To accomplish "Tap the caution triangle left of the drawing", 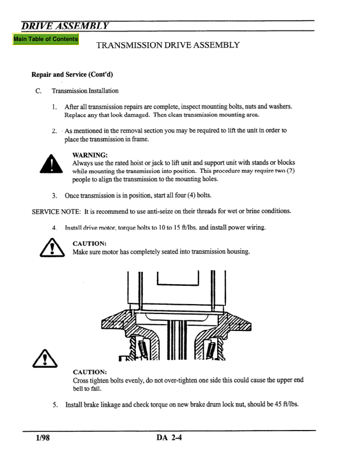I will tap(34, 366).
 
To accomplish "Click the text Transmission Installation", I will tap(84, 91).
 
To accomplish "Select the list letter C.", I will tap(37, 91).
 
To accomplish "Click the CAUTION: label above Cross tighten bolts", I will tap(91, 371).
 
